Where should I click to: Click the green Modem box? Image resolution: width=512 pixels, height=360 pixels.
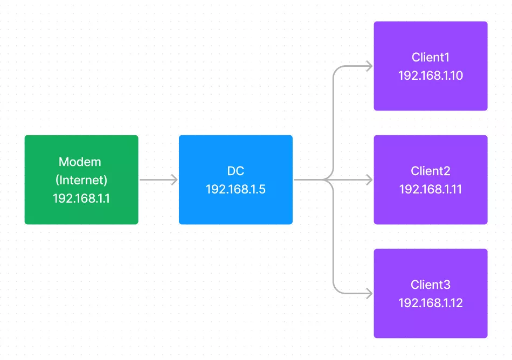(81, 179)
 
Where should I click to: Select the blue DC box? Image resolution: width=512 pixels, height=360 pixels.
(236, 179)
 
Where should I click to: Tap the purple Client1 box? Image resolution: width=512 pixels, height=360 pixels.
(431, 66)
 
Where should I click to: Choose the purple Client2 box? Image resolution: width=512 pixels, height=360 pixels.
(431, 179)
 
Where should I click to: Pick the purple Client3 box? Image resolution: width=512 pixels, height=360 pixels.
(431, 293)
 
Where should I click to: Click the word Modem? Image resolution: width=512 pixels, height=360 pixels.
(80, 162)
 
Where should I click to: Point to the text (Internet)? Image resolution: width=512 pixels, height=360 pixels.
(81, 180)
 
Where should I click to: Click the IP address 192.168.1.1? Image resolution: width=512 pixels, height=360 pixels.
(81, 198)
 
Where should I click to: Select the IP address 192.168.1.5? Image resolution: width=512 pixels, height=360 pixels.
(236, 189)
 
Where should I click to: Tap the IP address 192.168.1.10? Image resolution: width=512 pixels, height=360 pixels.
(431, 76)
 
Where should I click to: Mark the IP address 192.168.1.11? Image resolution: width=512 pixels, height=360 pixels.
(431, 189)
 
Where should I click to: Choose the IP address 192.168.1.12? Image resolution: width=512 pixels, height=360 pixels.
(431, 303)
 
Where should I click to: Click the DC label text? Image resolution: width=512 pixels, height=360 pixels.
(236, 171)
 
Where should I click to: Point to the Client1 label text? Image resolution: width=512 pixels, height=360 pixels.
(431, 58)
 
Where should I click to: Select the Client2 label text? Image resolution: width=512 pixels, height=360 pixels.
(431, 171)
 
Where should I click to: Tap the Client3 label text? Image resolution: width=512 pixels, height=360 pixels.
(431, 285)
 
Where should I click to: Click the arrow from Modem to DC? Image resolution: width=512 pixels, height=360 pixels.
(158, 179)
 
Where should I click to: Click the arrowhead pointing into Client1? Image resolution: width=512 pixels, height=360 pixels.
(370, 66)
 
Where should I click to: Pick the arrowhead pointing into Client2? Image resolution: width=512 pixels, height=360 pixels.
(370, 179)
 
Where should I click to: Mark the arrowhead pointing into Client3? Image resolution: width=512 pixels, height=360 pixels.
(370, 293)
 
